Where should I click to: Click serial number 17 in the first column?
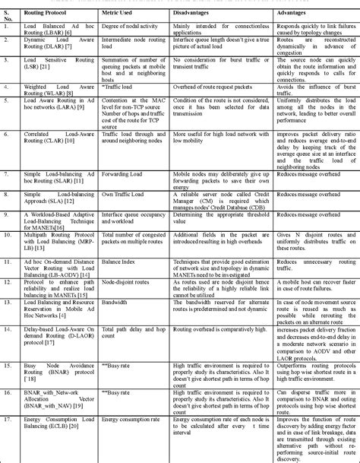[x=8, y=418]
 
